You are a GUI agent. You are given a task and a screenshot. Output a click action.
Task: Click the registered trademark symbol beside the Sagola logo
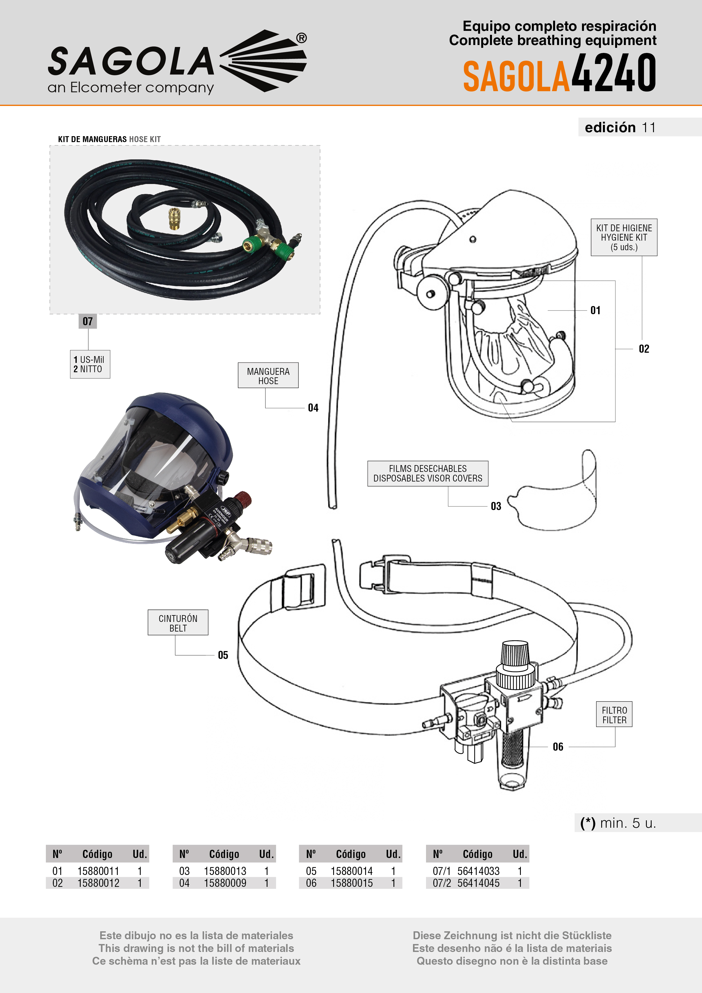[301, 38]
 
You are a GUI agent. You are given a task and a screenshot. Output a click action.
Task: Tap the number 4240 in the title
[613, 73]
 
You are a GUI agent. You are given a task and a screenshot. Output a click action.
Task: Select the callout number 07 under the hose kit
[88, 321]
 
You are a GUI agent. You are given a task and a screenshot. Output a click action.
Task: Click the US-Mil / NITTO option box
[90, 364]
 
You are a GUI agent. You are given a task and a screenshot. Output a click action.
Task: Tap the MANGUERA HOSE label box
[268, 375]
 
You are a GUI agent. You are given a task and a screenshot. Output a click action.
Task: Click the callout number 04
[313, 408]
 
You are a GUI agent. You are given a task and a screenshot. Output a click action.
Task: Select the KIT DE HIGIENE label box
[624, 237]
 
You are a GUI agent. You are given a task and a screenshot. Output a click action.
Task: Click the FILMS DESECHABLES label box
[427, 474]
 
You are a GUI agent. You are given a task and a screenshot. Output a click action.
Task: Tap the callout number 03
[496, 506]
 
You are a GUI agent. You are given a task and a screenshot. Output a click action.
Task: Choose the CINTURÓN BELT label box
[178, 623]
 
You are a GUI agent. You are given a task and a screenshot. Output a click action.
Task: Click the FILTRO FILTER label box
[614, 714]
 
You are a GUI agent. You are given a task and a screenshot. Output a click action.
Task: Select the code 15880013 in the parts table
[225, 871]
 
